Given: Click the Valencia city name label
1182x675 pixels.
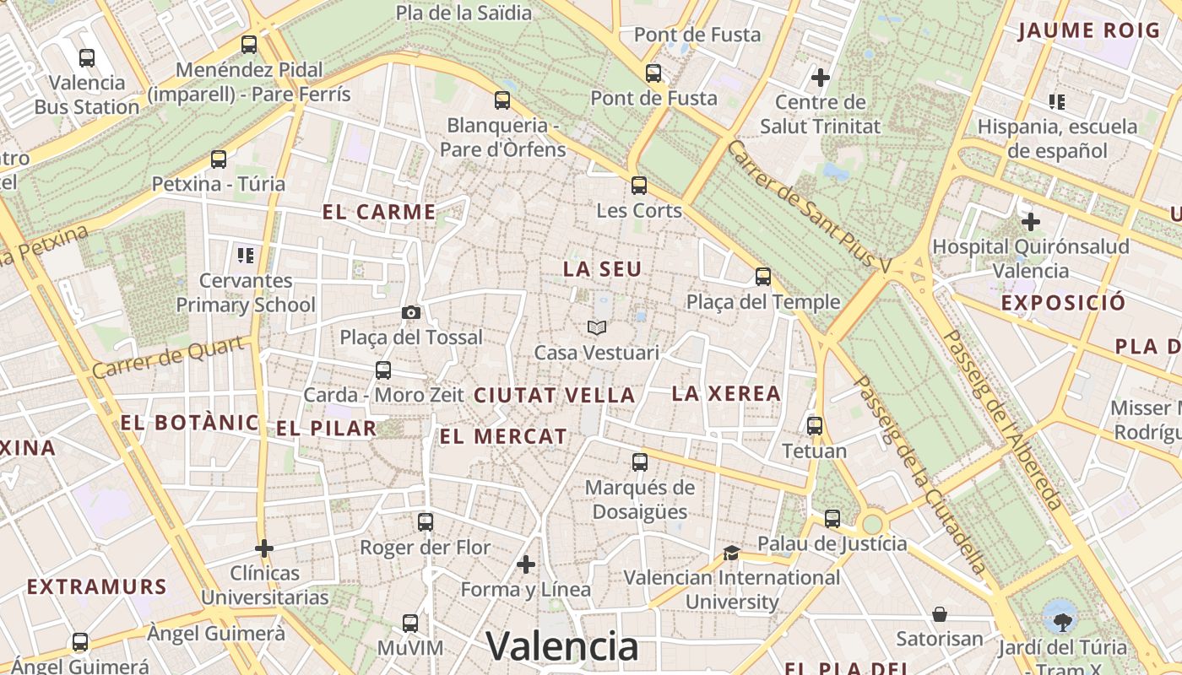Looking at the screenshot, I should (562, 647).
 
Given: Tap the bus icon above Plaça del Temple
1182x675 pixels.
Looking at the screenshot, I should (763, 277).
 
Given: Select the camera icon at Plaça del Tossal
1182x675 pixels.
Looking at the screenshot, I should (411, 313).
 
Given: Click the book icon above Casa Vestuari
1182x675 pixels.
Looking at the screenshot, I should (597, 327).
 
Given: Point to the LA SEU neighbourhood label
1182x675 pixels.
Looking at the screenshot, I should (603, 269).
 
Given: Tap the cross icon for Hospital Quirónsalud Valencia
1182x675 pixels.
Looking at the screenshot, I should (1030, 222).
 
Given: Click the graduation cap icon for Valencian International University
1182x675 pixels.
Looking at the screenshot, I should (731, 553).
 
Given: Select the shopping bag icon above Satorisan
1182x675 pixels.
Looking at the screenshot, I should (940, 614).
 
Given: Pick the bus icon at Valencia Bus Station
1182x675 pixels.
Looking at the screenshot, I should (87, 58).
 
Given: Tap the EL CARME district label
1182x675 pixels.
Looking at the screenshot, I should (379, 212).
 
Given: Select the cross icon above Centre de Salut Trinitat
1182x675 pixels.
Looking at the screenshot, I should (820, 78).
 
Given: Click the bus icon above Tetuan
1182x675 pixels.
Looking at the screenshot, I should (815, 426).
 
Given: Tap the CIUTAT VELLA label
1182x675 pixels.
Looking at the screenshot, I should (554, 395).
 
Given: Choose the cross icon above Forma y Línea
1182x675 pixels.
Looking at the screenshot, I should (526, 564).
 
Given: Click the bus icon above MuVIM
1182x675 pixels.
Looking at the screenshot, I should (410, 624).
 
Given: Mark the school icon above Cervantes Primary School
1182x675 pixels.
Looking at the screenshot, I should (246, 255).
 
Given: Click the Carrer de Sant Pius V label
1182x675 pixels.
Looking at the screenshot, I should (809, 206).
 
